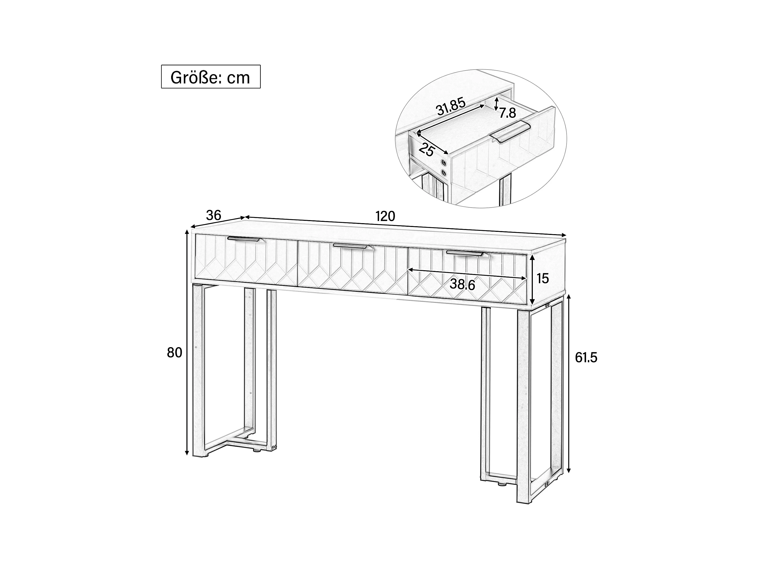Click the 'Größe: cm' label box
click(x=211, y=77)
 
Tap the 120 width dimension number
click(x=385, y=217)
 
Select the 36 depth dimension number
click(x=214, y=215)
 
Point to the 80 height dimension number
click(x=174, y=352)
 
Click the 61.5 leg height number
click(x=586, y=358)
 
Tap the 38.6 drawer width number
click(x=462, y=284)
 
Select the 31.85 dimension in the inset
click(x=451, y=107)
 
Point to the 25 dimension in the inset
click(x=427, y=150)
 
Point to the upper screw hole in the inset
click(x=444, y=163)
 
